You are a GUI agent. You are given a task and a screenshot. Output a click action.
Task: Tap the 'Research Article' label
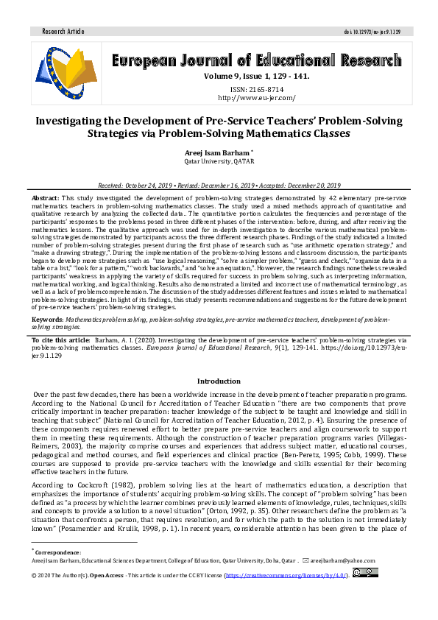63,32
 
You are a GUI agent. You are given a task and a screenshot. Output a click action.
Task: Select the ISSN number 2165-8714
257,88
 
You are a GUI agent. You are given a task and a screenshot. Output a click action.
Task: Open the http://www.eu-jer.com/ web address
256,97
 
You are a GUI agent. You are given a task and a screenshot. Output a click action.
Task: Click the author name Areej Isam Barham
216,151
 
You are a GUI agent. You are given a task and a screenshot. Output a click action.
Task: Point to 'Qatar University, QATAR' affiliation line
219,160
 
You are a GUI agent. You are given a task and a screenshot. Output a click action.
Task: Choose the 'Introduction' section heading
219,381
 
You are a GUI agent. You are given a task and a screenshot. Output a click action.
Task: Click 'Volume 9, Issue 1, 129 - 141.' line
256,75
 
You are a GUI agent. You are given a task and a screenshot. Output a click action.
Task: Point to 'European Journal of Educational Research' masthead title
256,60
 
